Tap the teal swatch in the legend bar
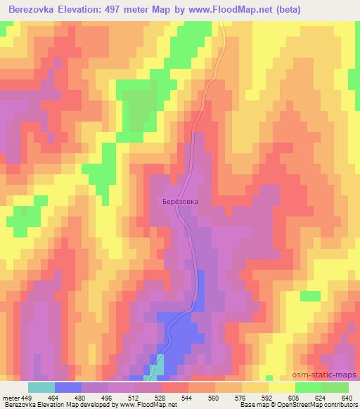[x=41, y=387]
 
